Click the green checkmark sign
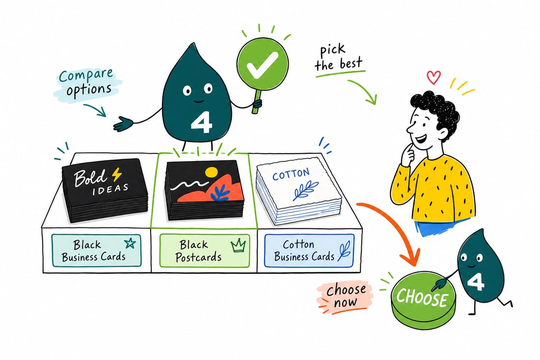coord(262,64)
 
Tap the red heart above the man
coord(433,77)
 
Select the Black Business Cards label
coord(96,250)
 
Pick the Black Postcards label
coord(205,250)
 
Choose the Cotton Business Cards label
coord(309,250)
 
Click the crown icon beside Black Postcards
coord(238,245)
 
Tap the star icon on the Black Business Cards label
coord(130,243)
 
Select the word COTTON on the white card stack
coord(291,175)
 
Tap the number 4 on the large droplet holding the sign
coord(201,123)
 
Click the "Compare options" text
coord(86,83)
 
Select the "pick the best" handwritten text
coord(339,58)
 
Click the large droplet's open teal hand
coord(123,124)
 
